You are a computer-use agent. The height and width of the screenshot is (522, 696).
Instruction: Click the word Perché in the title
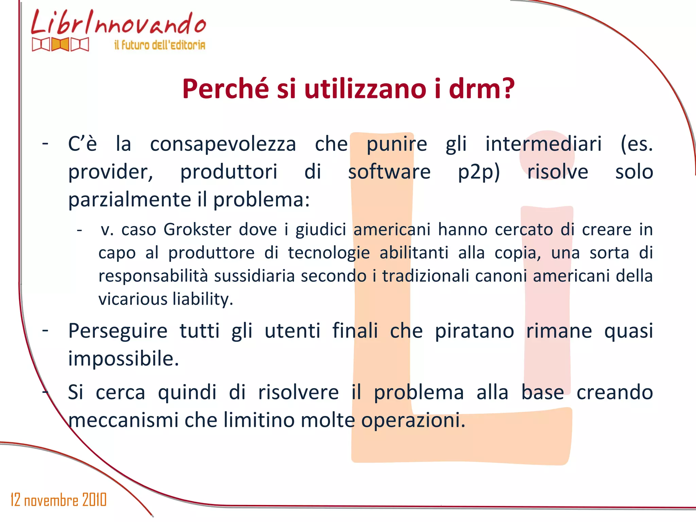226,89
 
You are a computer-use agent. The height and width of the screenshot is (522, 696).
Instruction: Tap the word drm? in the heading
482,89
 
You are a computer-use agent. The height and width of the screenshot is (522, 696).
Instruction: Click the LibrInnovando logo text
119,23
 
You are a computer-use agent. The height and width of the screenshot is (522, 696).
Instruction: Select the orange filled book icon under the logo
60,45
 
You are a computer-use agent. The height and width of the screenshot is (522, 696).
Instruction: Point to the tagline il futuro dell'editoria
160,45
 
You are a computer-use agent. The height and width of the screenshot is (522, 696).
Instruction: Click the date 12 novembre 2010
58,500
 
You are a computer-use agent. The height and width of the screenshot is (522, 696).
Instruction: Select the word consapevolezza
223,144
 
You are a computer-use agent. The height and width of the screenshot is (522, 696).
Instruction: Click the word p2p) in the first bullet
478,172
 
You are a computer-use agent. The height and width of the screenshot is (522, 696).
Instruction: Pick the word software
389,172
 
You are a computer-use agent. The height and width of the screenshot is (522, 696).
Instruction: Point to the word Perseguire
118,331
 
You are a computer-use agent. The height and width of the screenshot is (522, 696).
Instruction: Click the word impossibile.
123,359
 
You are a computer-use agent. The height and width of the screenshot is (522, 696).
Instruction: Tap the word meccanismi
123,420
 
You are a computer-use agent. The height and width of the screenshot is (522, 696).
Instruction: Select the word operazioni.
413,420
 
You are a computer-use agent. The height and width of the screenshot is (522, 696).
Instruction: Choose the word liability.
203,299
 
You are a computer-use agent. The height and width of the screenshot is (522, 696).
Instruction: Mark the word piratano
474,331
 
